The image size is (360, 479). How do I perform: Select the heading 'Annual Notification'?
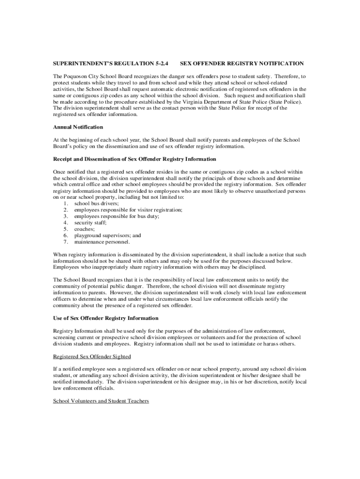(x=78, y=127)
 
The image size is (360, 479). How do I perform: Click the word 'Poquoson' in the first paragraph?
(x=76, y=76)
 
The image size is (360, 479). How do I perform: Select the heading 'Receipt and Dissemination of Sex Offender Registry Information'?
(x=135, y=159)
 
